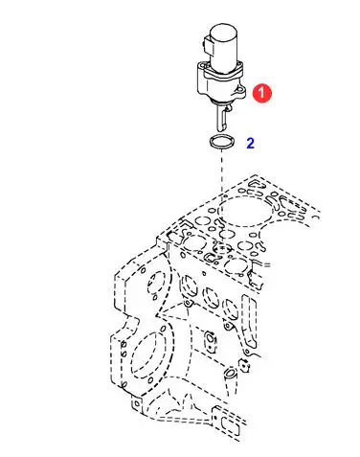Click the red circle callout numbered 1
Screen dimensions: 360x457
(x=261, y=93)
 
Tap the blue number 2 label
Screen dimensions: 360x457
(x=250, y=144)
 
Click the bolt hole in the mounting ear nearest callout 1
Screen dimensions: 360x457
(x=238, y=90)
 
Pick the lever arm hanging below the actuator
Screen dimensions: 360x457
(x=222, y=118)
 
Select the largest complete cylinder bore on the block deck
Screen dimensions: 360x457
(x=244, y=211)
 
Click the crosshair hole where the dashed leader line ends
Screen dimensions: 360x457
(x=221, y=247)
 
